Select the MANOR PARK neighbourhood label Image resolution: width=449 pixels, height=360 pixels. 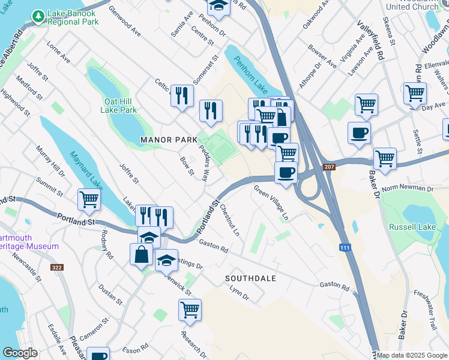[x=169, y=139]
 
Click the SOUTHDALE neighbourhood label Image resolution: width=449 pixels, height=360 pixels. [x=250, y=278]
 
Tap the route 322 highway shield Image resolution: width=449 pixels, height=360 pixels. [x=58, y=268]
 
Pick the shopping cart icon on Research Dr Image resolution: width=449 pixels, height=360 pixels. [x=190, y=310]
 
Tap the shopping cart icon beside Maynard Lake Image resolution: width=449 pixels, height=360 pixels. [x=89, y=199]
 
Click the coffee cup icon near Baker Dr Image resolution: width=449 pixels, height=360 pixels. [x=359, y=133]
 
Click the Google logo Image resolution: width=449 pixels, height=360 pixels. [x=20, y=353]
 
